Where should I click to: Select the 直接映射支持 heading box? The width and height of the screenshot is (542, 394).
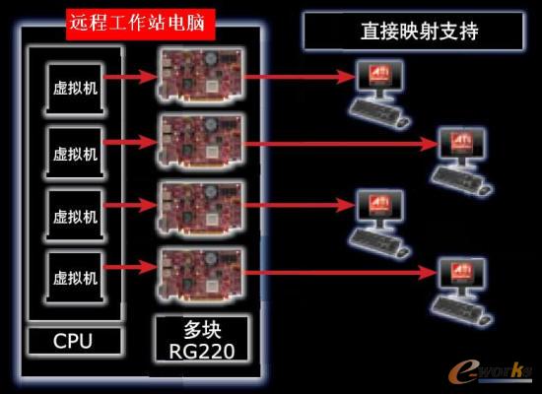tap(414, 32)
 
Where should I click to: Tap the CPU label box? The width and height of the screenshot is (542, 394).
tap(74, 341)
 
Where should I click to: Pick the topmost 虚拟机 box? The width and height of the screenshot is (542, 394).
tap(75, 88)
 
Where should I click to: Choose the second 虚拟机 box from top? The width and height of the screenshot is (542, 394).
tap(75, 153)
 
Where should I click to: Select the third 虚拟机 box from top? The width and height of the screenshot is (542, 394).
tap(75, 216)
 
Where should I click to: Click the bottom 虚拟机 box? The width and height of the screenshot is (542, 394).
tap(75, 278)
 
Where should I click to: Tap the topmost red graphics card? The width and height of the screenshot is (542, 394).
tap(201, 75)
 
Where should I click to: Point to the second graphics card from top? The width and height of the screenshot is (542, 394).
tap(201, 142)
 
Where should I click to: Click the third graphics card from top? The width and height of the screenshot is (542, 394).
tap(201, 208)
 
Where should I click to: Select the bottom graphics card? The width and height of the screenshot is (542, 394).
tap(201, 274)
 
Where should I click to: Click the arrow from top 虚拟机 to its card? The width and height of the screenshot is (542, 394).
tap(131, 77)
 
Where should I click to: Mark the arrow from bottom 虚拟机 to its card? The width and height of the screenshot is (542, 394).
tap(131, 267)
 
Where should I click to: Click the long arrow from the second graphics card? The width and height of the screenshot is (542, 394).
tap(342, 144)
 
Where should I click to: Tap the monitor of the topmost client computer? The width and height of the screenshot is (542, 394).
tap(379, 77)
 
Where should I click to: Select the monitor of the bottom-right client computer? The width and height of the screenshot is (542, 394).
tap(462, 275)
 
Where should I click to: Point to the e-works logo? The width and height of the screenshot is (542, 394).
tap(490, 372)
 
